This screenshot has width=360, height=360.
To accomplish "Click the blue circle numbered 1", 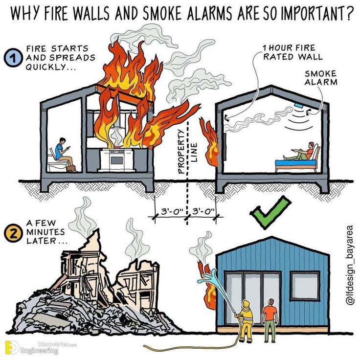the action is [14, 58].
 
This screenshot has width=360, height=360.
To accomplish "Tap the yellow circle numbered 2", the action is [13, 233].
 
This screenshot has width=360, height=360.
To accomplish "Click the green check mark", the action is [270, 212].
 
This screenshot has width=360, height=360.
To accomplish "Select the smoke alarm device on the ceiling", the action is [299, 105].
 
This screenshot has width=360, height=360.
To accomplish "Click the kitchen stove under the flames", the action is [117, 160].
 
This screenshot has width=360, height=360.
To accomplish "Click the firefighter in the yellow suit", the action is [246, 321].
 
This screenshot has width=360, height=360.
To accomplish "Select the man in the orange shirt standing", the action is [270, 320].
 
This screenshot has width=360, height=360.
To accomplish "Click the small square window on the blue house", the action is [305, 286].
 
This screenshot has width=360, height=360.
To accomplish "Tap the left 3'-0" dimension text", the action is [171, 211].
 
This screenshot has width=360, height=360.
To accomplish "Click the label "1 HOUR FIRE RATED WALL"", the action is [292, 52].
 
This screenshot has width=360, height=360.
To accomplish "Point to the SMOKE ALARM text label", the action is [321, 78].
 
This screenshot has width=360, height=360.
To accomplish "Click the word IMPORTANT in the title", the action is [312, 13].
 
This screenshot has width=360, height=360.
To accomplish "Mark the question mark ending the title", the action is [349, 13].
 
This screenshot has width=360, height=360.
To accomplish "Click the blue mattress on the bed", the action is [296, 162].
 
